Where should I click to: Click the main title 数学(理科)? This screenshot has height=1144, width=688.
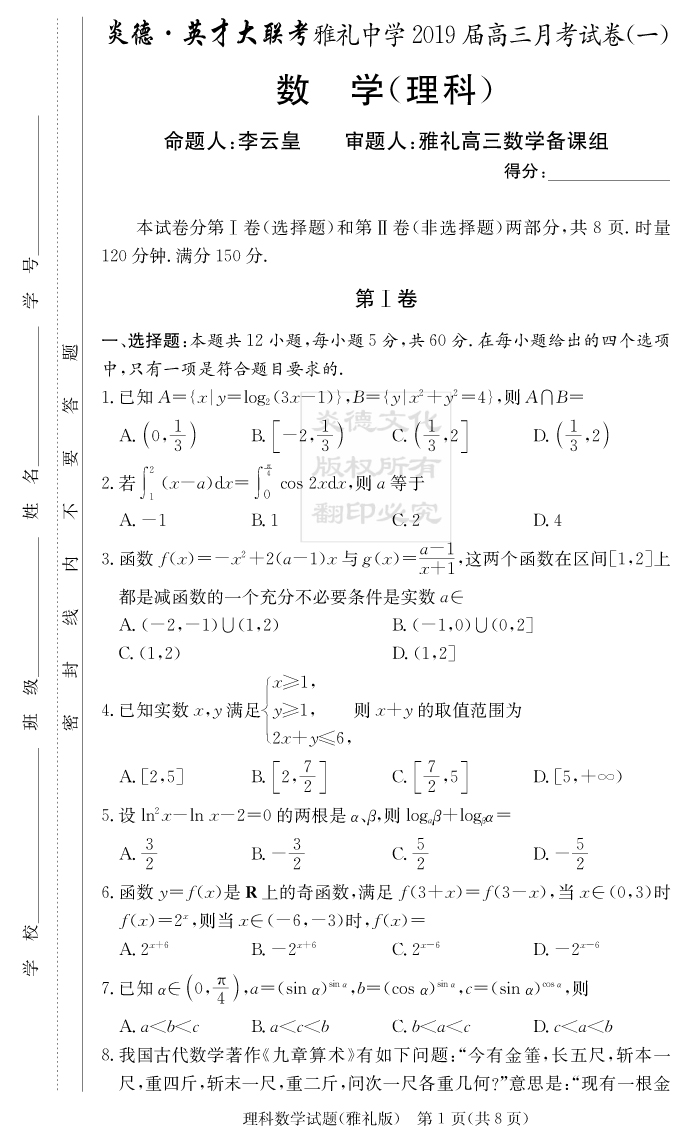click(385, 91)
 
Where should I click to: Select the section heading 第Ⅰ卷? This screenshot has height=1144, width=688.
click(385, 298)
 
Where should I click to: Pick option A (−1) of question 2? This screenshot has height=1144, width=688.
click(142, 520)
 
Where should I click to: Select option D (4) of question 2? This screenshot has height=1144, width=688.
click(547, 520)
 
